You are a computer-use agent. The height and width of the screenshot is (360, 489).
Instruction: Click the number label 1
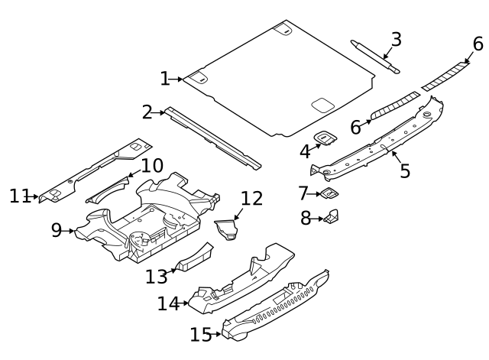pos(164,79)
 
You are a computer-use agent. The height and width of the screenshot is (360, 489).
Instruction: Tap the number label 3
pos(395,40)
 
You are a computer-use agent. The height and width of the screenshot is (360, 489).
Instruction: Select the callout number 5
pos(405,170)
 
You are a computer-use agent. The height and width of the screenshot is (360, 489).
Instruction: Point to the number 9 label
pos(57,230)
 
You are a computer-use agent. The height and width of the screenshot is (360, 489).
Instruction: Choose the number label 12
pos(251,199)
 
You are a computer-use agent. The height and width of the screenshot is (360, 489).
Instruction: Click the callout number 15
pos(200,334)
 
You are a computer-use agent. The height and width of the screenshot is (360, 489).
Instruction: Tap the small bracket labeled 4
pos(328,138)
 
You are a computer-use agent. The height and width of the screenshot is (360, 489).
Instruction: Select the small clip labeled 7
pos(328,193)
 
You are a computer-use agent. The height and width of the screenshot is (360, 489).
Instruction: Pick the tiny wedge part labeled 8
pos(332,217)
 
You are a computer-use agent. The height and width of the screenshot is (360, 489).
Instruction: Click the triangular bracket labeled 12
pos(227,230)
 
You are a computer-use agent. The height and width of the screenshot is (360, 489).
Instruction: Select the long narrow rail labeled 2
pos(214,138)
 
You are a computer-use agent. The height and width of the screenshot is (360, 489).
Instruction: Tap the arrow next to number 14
pos(184,303)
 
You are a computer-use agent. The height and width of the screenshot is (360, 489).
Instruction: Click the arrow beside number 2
pos(160,113)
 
